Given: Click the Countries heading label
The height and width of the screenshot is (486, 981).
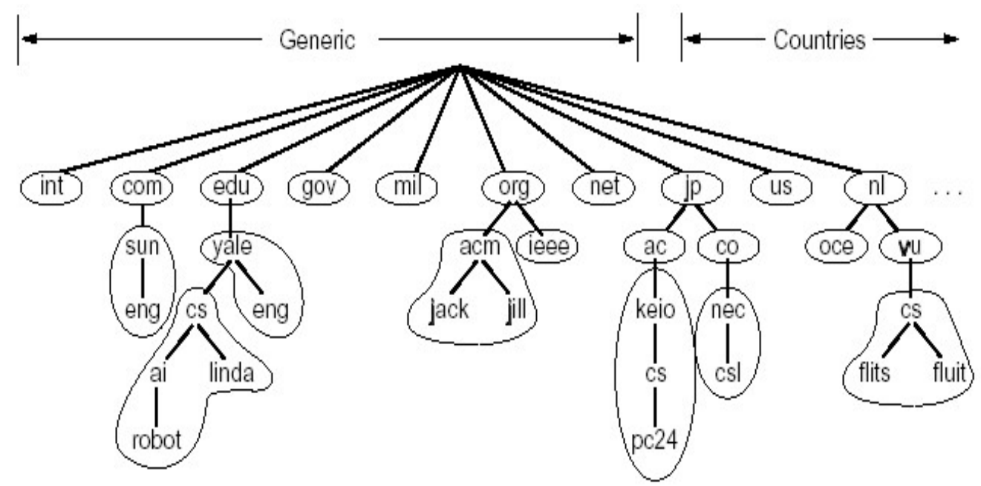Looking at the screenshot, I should [x=819, y=40].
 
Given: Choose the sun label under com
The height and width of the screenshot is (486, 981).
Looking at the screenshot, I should [x=142, y=246].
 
